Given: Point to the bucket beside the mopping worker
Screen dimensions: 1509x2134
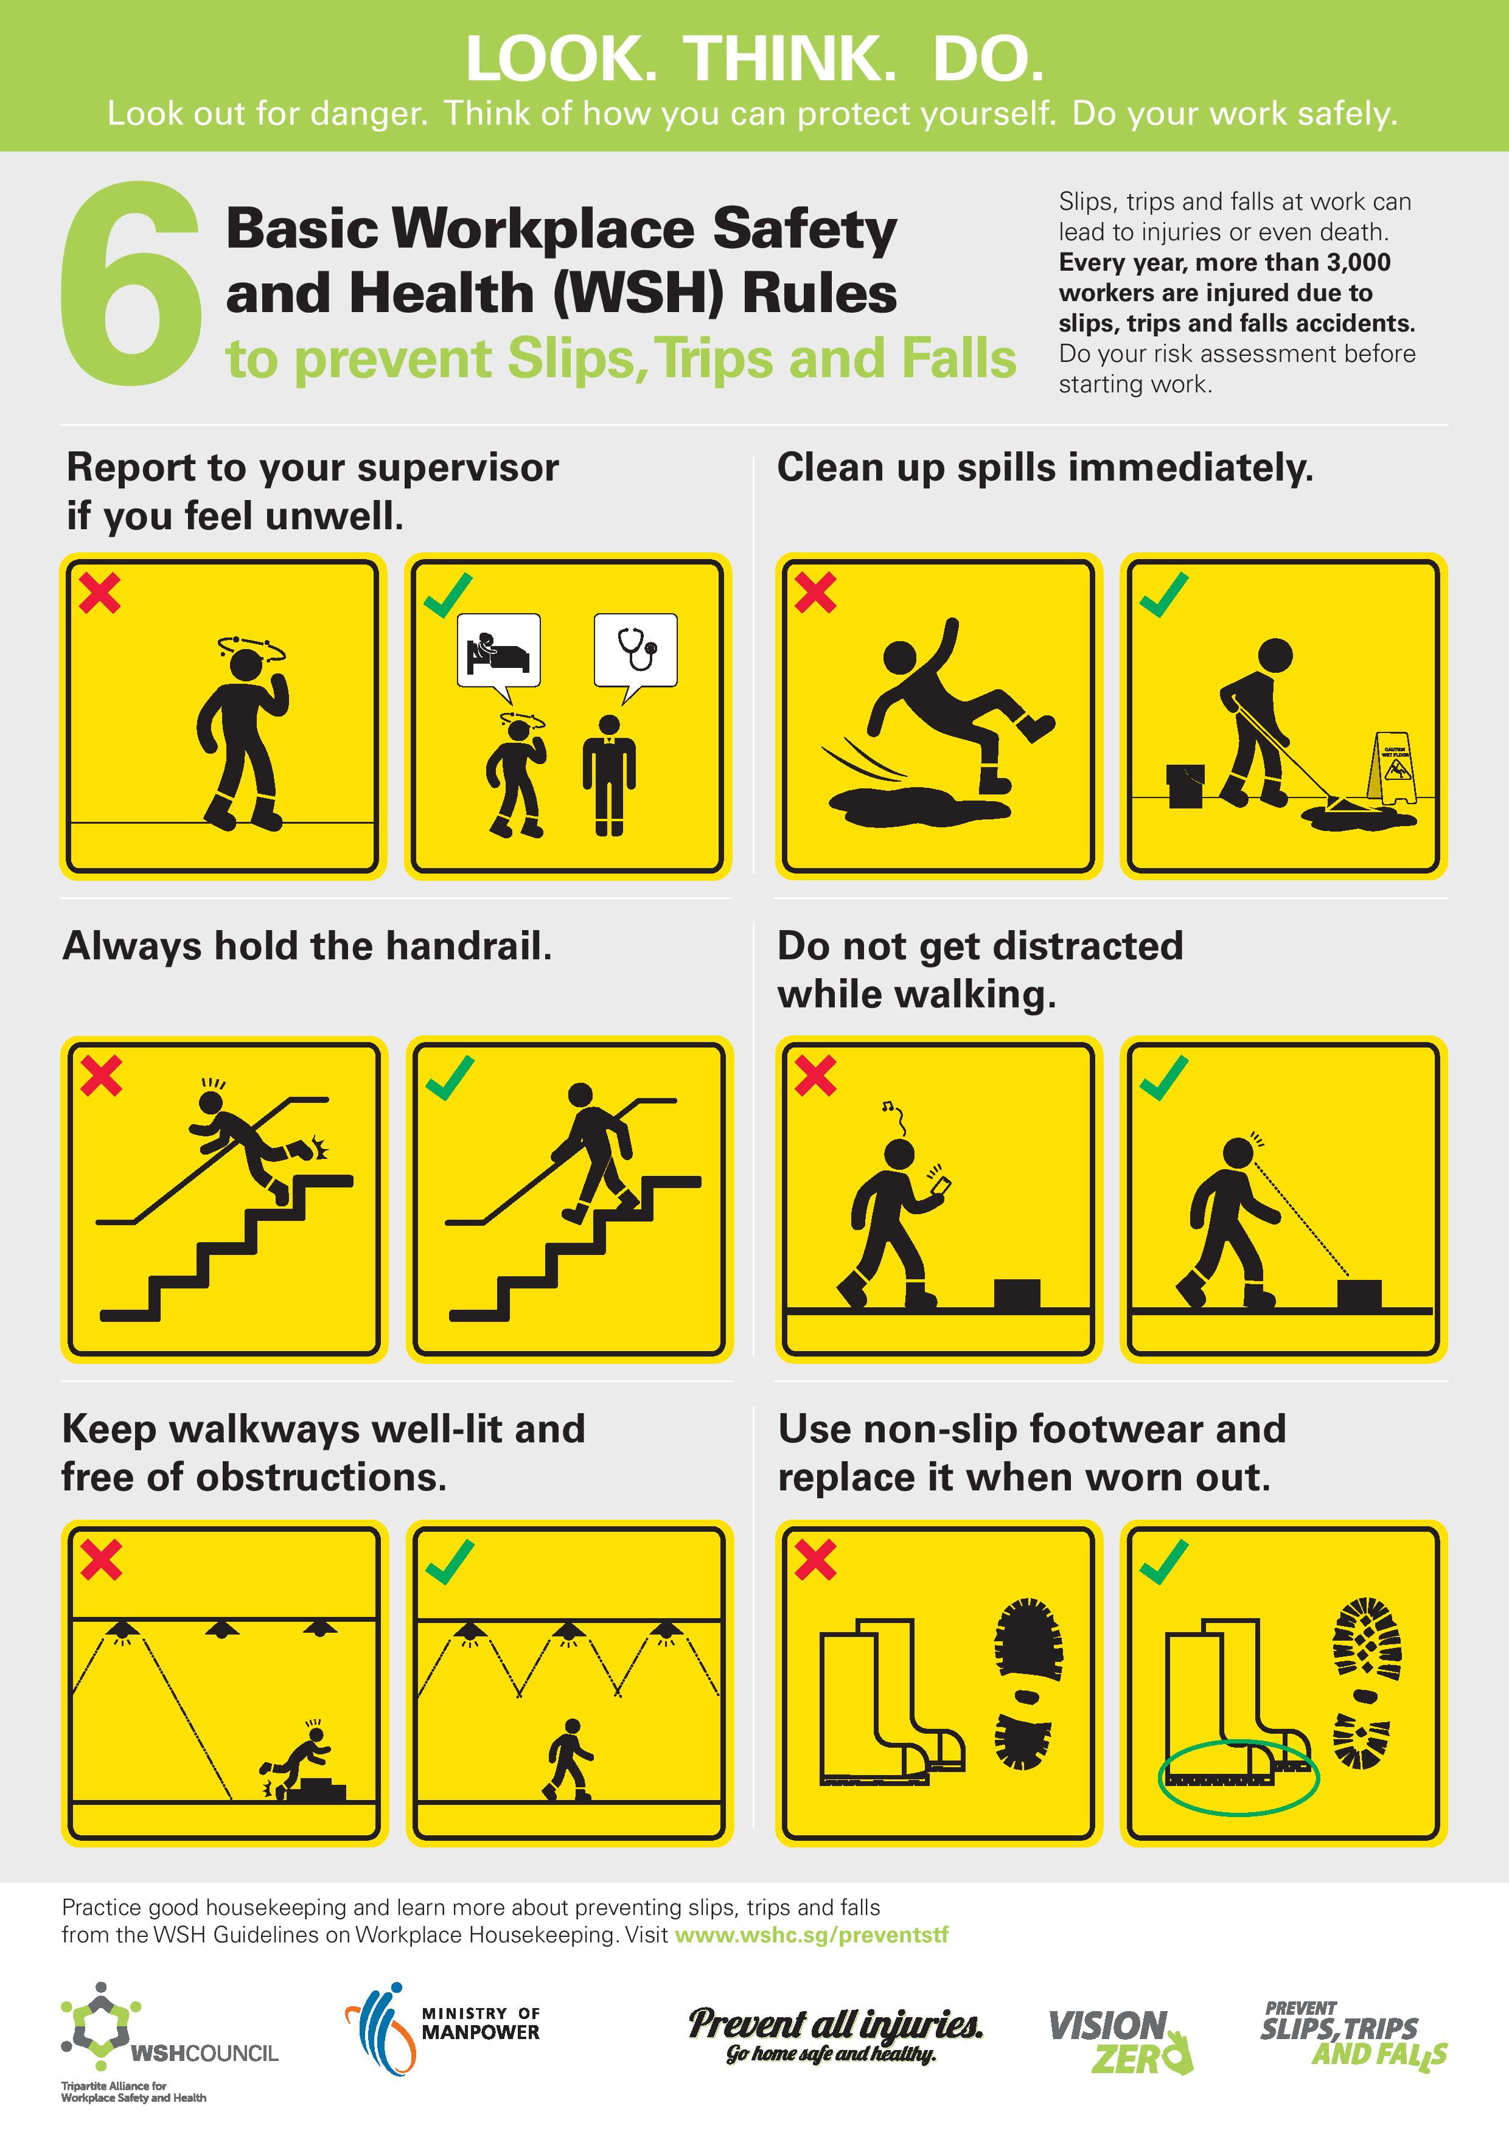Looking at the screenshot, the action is point(1185,785).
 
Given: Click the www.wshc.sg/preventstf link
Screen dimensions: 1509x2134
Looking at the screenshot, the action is point(812,1935).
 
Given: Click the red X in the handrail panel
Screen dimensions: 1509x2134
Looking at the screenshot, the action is point(102,1076).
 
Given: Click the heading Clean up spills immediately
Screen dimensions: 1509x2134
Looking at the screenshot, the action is point(1045,468).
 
